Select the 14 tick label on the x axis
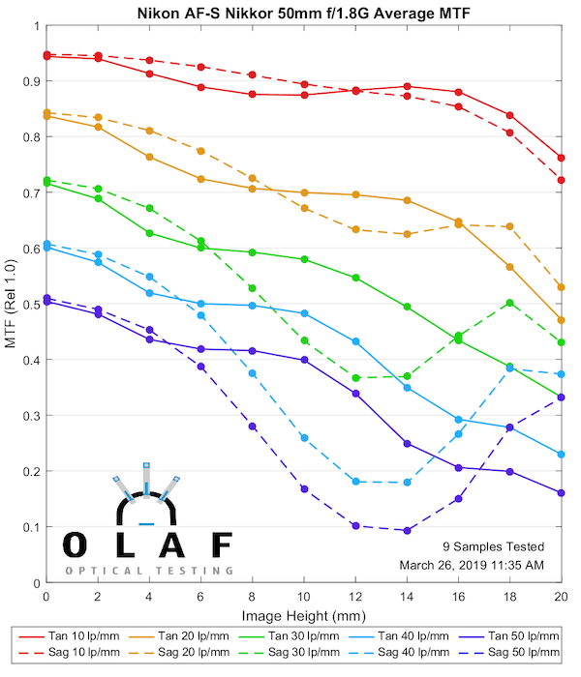pyautogui.click(x=407, y=597)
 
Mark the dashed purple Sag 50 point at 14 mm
pyautogui.click(x=407, y=531)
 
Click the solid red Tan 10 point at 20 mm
pyautogui.click(x=562, y=158)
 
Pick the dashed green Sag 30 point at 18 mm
pyautogui.click(x=509, y=303)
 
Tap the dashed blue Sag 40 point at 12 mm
pyautogui.click(x=355, y=482)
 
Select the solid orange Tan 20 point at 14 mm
pyautogui.click(x=407, y=200)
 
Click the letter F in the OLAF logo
pyautogui.click(x=222, y=545)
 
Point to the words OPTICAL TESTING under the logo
pyautogui.click(x=149, y=571)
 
